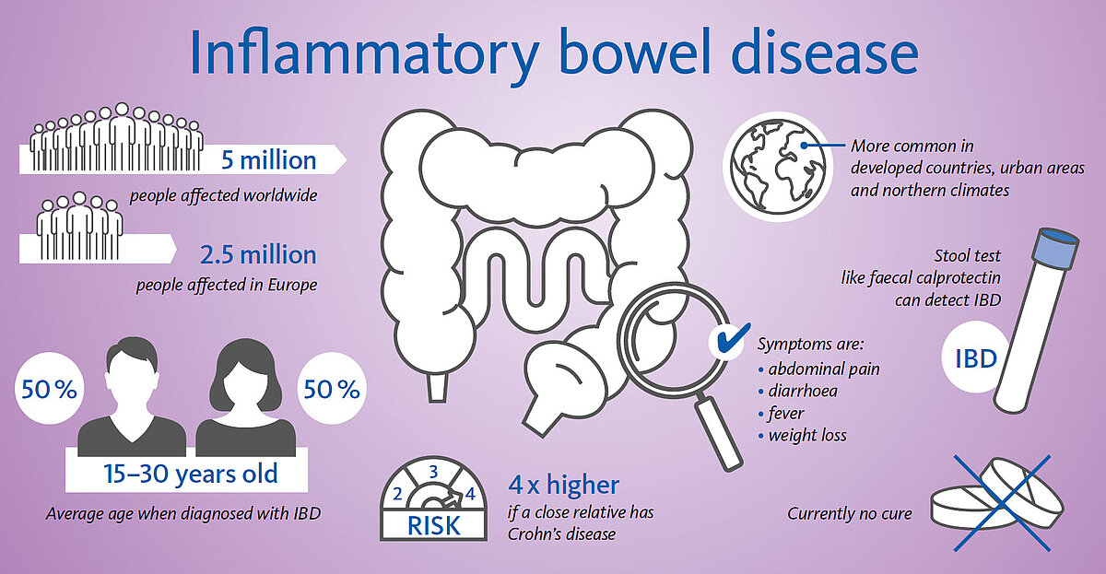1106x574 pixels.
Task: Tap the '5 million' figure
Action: coord(268,160)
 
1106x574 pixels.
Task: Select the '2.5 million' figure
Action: coord(258,254)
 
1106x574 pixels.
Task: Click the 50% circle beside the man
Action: coord(50,388)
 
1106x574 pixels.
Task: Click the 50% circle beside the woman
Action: coord(332,388)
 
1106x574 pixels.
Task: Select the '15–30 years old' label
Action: coord(191,474)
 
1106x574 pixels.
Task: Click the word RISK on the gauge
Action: coord(433,526)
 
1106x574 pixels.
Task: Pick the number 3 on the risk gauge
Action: coord(433,472)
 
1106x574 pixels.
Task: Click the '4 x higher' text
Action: coord(563,485)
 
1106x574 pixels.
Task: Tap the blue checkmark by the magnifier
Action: coord(732,338)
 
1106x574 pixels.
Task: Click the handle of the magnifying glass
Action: coord(718,433)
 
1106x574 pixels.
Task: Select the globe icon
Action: coord(778,168)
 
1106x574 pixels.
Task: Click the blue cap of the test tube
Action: coord(1055,247)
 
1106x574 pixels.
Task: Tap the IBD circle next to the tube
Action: coord(975,357)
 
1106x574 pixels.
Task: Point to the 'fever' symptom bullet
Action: coord(782,413)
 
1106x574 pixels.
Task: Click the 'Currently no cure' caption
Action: coord(849,513)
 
